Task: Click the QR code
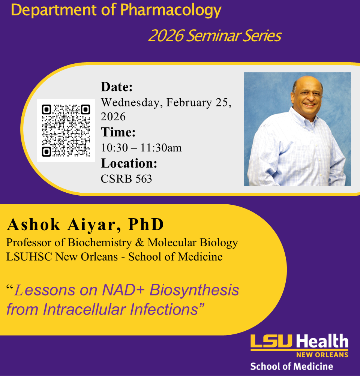coord(66,130)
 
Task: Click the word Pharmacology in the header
coord(171,11)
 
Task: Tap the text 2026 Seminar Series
coord(214,36)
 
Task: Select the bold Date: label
coord(117,87)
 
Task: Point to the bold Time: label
coord(118,132)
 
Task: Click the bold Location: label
coord(129,163)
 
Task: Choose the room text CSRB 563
coord(126,179)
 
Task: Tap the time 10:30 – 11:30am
coord(141,148)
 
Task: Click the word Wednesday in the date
coord(131,102)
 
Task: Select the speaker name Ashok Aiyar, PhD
coord(85,225)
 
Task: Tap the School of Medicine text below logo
coord(291,366)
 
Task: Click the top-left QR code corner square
coord(46,109)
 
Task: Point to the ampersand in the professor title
coord(139,243)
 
